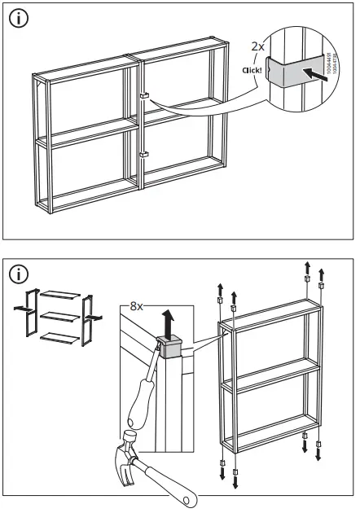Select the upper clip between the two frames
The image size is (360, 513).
click(143, 96)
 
